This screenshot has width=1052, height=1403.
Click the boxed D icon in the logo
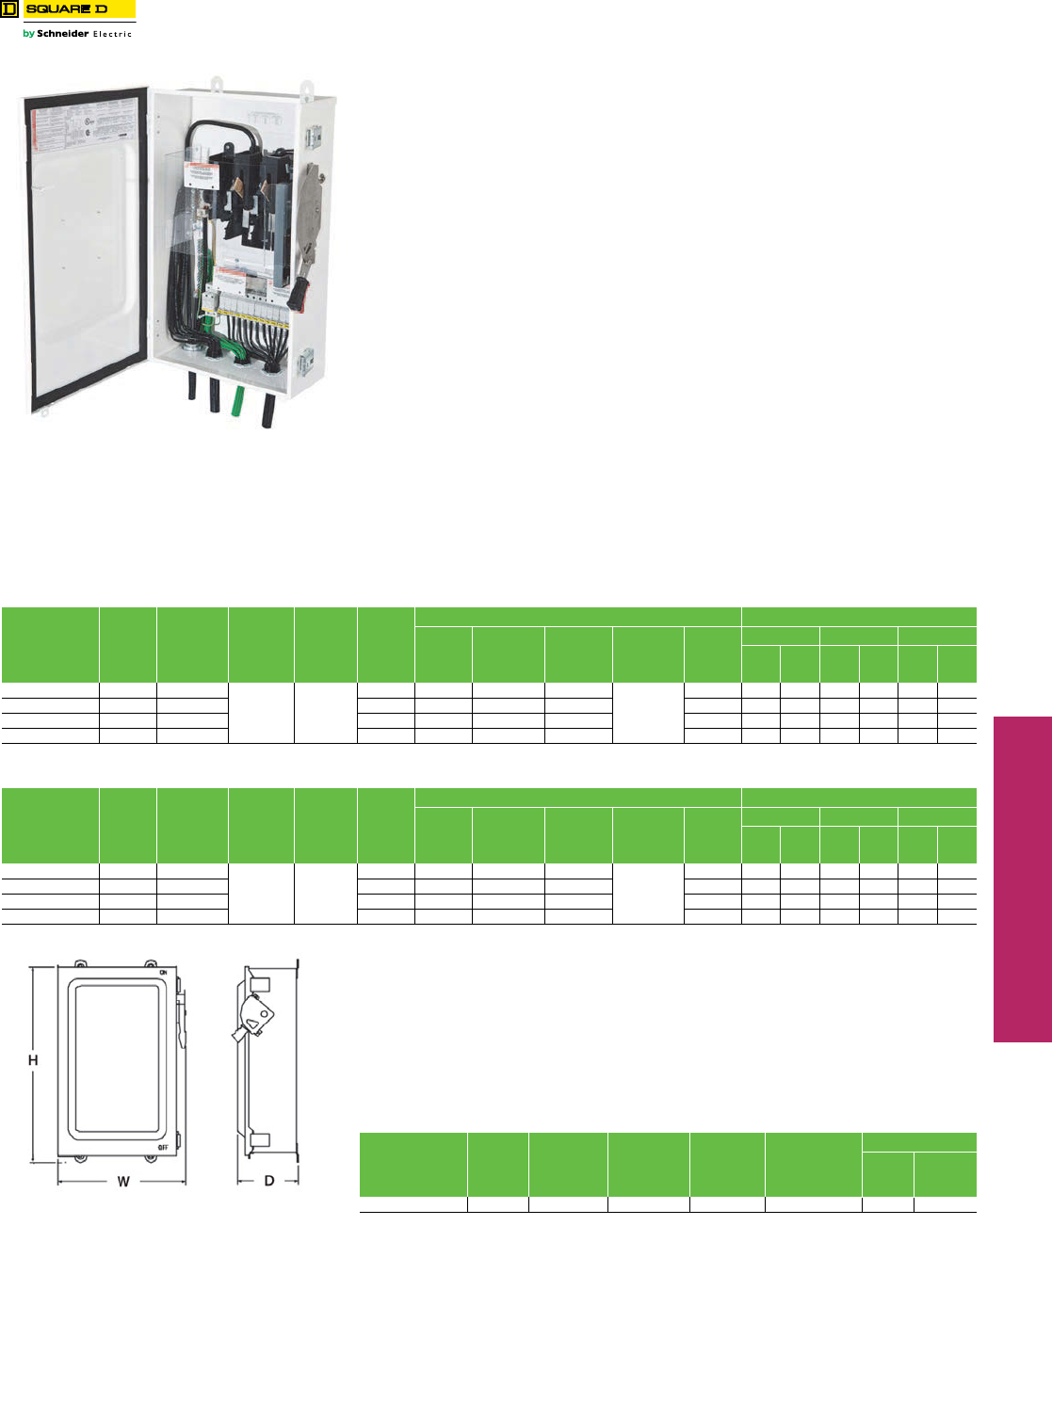point(9,9)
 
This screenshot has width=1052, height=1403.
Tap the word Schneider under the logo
point(62,34)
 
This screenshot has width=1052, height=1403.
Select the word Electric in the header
point(112,34)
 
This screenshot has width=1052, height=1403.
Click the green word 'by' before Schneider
point(28,34)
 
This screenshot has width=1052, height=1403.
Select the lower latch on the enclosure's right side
point(307,361)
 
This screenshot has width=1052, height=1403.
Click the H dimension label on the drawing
point(33,1060)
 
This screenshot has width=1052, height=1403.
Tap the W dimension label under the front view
point(123,1181)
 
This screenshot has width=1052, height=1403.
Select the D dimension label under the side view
point(269,1181)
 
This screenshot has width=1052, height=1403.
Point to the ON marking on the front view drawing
point(163,972)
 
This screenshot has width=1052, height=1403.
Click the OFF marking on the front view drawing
point(163,1147)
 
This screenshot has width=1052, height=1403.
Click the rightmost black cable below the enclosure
point(267,411)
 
